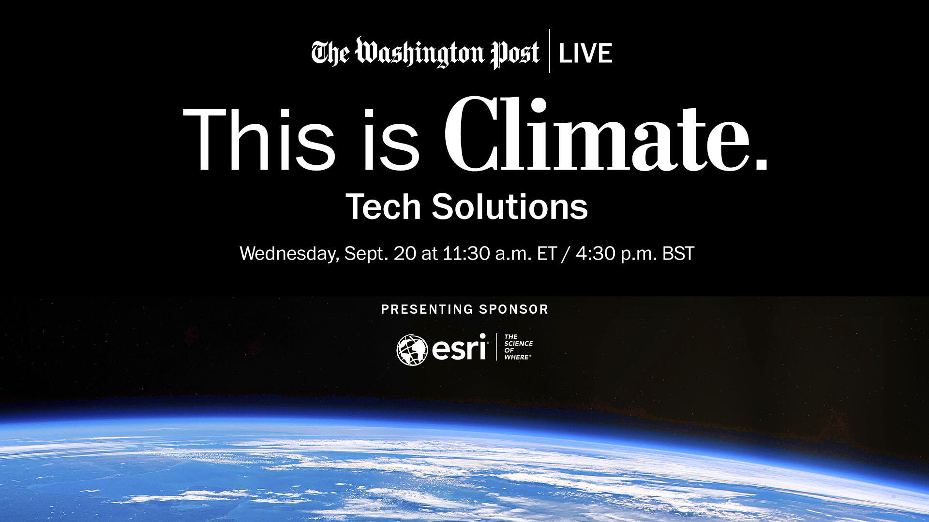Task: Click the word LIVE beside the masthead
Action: pos(585,53)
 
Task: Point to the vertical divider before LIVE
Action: pos(549,51)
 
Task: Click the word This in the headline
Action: pos(259,139)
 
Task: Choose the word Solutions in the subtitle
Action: pos(510,206)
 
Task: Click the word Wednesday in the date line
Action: pos(289,254)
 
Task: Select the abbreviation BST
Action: pos(678,254)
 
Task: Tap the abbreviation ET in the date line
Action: pos(547,254)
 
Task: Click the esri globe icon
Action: pos(412,350)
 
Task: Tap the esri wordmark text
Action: pos(459,348)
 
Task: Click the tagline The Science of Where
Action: pos(518,347)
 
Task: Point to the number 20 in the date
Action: pos(405,254)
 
